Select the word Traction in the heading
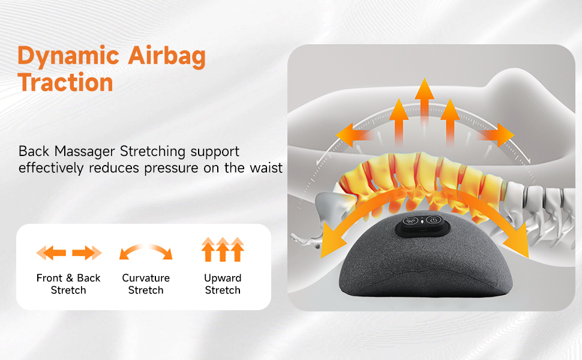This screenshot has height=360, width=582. click(65, 82)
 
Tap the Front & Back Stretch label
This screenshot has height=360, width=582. click(68, 284)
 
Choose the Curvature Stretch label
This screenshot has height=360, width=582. click(146, 284)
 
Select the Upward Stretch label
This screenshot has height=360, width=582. click(223, 284)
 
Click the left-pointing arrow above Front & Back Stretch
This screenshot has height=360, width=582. click(52, 253)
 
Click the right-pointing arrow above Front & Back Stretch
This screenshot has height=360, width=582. click(86, 253)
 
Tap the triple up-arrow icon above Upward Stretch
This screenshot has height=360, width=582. click(223, 249)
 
